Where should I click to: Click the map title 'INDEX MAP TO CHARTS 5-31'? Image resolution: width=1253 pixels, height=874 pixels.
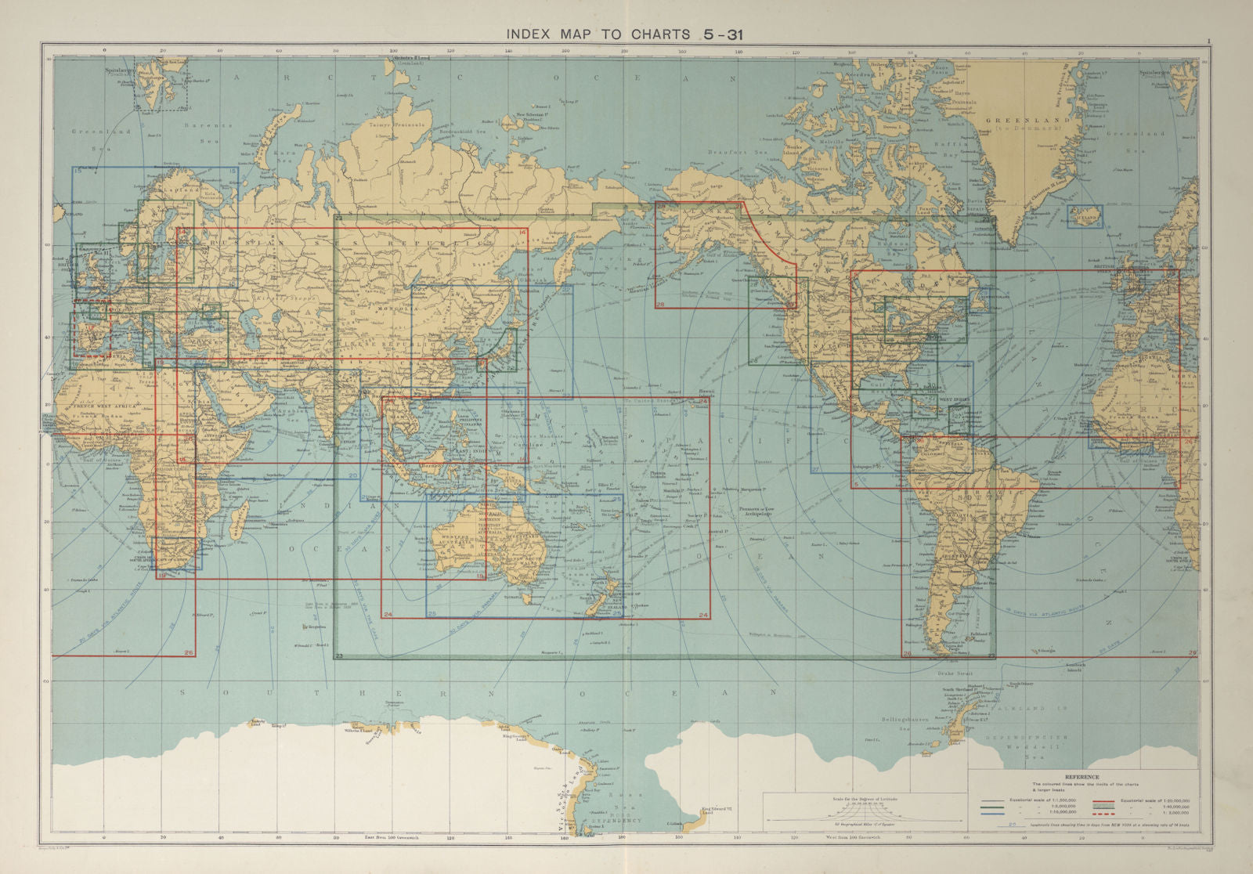coord(624,34)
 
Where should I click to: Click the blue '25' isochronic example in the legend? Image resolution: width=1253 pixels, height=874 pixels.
coord(1013,824)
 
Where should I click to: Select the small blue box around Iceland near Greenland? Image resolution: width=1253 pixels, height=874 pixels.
coord(1084,217)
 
